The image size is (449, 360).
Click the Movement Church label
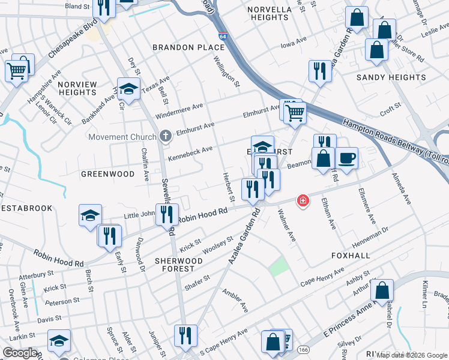tap(122, 137)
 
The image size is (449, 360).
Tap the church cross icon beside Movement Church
tap(164, 137)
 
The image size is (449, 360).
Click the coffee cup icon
tap(347, 158)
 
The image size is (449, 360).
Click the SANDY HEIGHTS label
tap(391, 77)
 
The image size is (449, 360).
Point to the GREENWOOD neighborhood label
tap(108, 174)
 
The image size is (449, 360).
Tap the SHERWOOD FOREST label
tap(179, 265)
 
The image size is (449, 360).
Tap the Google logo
tap(20, 353)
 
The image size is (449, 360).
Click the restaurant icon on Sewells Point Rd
tap(167, 214)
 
